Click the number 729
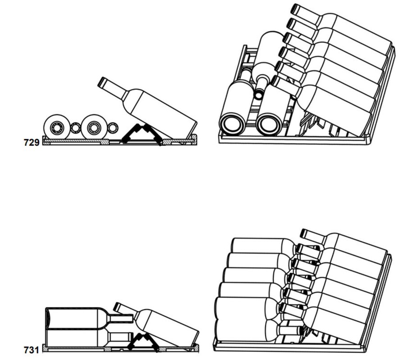32,143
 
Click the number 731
32,350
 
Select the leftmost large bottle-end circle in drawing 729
57,127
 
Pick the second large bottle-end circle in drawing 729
94,127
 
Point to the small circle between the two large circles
76,128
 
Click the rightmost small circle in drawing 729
113,128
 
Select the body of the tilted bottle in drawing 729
161,112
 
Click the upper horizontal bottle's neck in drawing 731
122,319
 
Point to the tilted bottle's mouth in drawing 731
117,307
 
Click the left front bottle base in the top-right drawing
232,125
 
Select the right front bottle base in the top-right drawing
269,125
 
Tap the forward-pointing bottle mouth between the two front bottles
259,94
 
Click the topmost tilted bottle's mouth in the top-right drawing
295,9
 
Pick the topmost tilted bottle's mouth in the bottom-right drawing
305,233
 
